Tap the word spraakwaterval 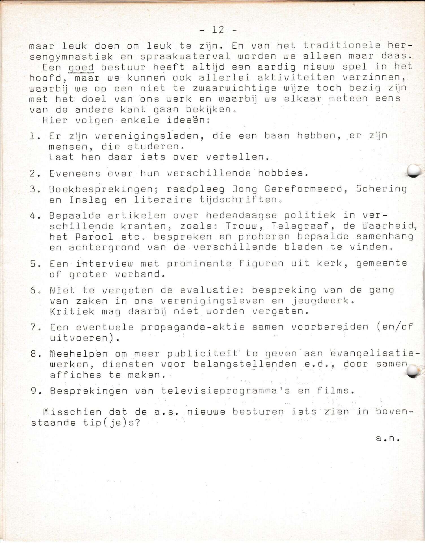[185, 56]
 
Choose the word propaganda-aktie [193, 327]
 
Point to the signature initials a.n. [387, 439]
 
